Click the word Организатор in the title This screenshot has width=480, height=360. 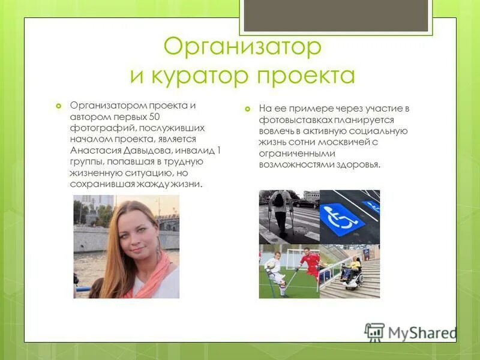242,47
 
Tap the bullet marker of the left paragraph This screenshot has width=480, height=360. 58,106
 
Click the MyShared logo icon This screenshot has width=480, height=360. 374,332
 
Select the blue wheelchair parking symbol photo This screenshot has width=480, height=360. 349,216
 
